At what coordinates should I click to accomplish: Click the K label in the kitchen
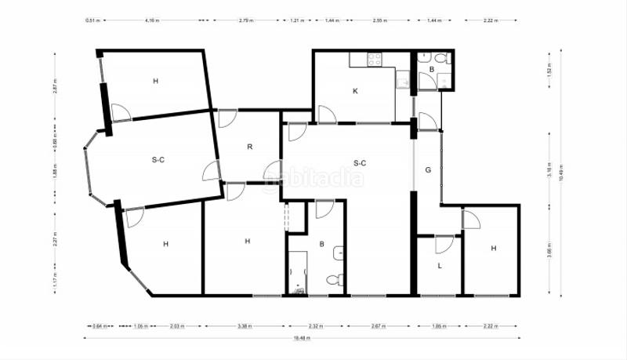pos(355,91)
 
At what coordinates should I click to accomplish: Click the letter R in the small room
pos(249,147)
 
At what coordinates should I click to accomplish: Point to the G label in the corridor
pos(428,169)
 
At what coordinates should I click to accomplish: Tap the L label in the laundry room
pos(440,267)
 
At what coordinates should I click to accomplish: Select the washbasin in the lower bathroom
pos(338,253)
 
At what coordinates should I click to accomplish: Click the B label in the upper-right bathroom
pos(431,70)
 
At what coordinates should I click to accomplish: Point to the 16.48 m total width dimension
pos(302,339)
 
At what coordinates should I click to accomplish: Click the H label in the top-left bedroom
pos(155,82)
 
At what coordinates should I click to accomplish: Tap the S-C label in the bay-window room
pos(158,160)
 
